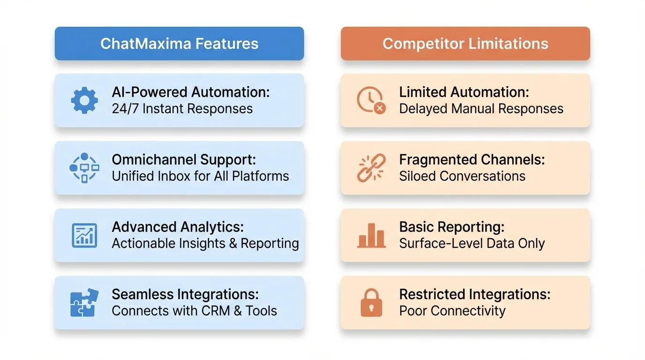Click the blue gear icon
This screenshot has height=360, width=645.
(84, 100)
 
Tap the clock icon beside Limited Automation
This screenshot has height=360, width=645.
(370, 100)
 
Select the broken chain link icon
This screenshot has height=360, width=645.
(371, 167)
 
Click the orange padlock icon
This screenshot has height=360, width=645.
(371, 302)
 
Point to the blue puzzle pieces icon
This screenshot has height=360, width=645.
(84, 302)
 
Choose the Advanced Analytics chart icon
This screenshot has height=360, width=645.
(84, 235)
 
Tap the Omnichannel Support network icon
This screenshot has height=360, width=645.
(84, 167)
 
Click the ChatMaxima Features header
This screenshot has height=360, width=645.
(179, 44)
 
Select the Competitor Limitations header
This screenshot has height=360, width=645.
(465, 44)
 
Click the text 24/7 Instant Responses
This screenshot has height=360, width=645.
(182, 109)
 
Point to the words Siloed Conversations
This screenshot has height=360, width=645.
(462, 176)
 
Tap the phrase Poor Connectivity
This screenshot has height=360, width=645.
(452, 311)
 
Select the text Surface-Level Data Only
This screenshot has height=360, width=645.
(472, 244)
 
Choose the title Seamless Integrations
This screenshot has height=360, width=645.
(185, 294)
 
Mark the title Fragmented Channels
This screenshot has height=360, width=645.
(472, 159)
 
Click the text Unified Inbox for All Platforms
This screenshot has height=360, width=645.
(200, 176)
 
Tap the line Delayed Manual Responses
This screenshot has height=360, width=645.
(481, 109)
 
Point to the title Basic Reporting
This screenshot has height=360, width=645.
(451, 227)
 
